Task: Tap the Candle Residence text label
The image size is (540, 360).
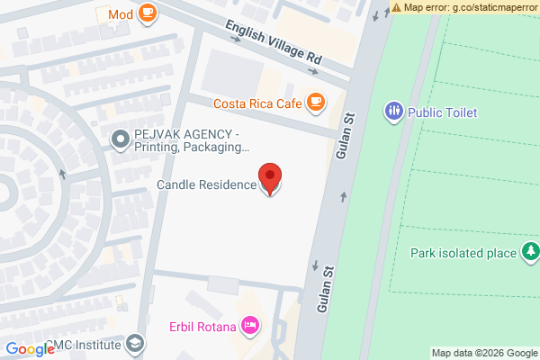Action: point(206,185)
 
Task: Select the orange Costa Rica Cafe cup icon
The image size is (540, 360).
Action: point(314,103)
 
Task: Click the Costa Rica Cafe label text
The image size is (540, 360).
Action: point(256,103)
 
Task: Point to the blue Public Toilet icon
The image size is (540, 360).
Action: point(393,112)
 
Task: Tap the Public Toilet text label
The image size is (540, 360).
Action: point(442,112)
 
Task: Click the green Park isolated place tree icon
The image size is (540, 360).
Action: point(531,251)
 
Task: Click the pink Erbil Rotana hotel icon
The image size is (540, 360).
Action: point(250,326)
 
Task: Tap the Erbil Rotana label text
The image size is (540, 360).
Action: point(202,326)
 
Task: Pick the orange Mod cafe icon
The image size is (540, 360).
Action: point(147,13)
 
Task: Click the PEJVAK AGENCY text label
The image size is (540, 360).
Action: point(191,139)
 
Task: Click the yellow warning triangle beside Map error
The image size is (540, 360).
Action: point(397,7)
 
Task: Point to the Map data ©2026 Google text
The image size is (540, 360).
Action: point(483,352)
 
